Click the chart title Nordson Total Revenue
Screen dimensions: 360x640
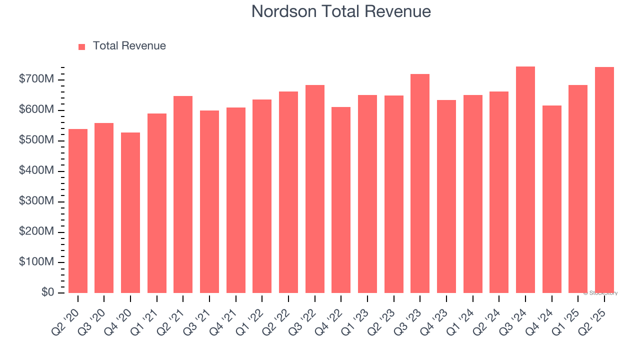[341, 11]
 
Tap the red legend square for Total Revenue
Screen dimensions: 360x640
[82, 46]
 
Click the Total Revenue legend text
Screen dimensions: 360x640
[129, 46]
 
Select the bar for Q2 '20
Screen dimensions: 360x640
[78, 211]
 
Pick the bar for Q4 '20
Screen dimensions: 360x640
[130, 212]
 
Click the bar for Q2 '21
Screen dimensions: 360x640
[183, 194]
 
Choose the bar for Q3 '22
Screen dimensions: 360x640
[315, 189]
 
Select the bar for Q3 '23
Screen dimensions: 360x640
[420, 183]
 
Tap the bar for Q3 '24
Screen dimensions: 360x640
[525, 180]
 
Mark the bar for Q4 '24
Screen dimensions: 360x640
[552, 199]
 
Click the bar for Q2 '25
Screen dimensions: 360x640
[604, 180]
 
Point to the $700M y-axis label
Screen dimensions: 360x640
[36, 79]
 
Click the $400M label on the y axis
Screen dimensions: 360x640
[36, 170]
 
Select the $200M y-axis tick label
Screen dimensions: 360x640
[36, 231]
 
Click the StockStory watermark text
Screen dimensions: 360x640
[600, 293]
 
